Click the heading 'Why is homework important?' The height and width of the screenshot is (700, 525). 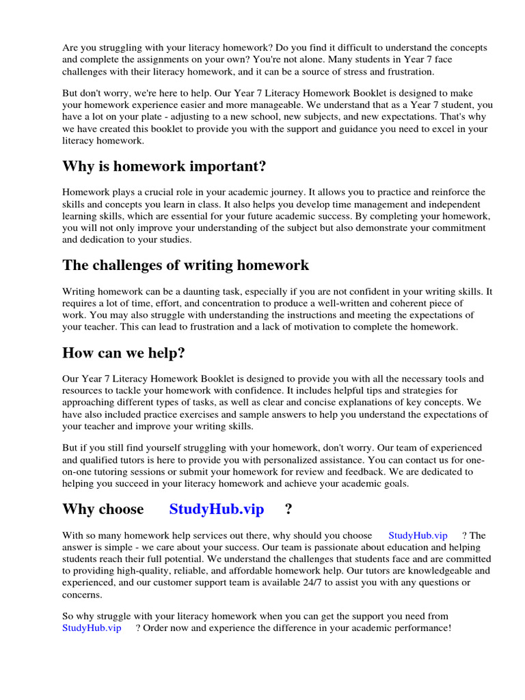164,166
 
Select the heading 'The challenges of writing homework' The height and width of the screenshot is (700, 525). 185,265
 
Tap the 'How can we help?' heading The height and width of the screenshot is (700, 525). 124,353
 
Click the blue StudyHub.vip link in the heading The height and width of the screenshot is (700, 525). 216,509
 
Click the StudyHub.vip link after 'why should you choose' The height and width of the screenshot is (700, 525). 418,535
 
